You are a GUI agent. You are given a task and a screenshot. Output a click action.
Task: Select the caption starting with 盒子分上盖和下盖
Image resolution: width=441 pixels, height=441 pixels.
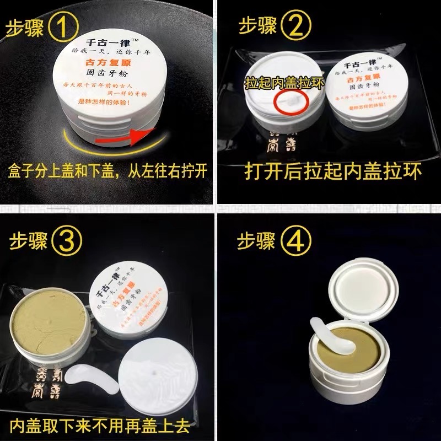[x=107, y=170]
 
